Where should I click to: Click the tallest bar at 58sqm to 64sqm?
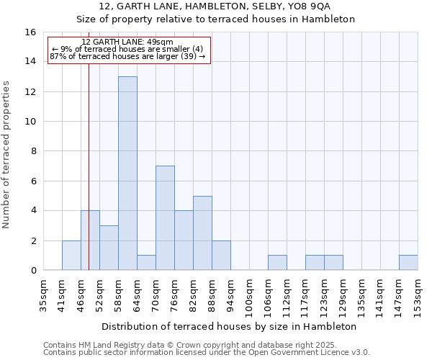(127, 174)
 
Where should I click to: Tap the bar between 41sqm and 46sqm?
(71, 256)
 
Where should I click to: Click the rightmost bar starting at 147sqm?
(408, 263)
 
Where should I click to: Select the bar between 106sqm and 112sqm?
(277, 263)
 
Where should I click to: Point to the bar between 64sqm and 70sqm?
(146, 263)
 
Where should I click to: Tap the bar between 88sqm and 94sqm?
(221, 256)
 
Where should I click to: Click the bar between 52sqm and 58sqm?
(109, 248)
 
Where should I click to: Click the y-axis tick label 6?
(33, 181)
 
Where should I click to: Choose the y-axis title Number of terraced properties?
(7, 154)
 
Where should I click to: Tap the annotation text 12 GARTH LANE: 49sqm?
(127, 42)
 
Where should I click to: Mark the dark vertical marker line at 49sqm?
(89, 180)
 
